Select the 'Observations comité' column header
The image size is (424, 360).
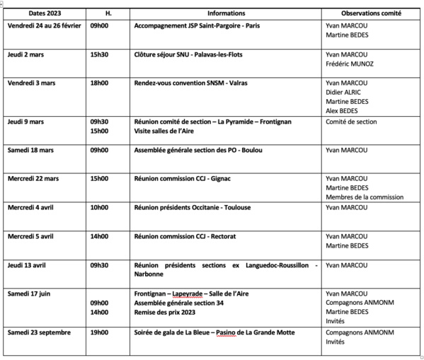pyautogui.click(x=371, y=13)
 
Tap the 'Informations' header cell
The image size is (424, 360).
pyautogui.click(x=226, y=13)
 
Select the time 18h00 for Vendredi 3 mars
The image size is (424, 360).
pyautogui.click(x=99, y=83)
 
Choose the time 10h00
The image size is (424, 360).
pyautogui.click(x=99, y=207)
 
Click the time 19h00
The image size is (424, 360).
pyautogui.click(x=99, y=332)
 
